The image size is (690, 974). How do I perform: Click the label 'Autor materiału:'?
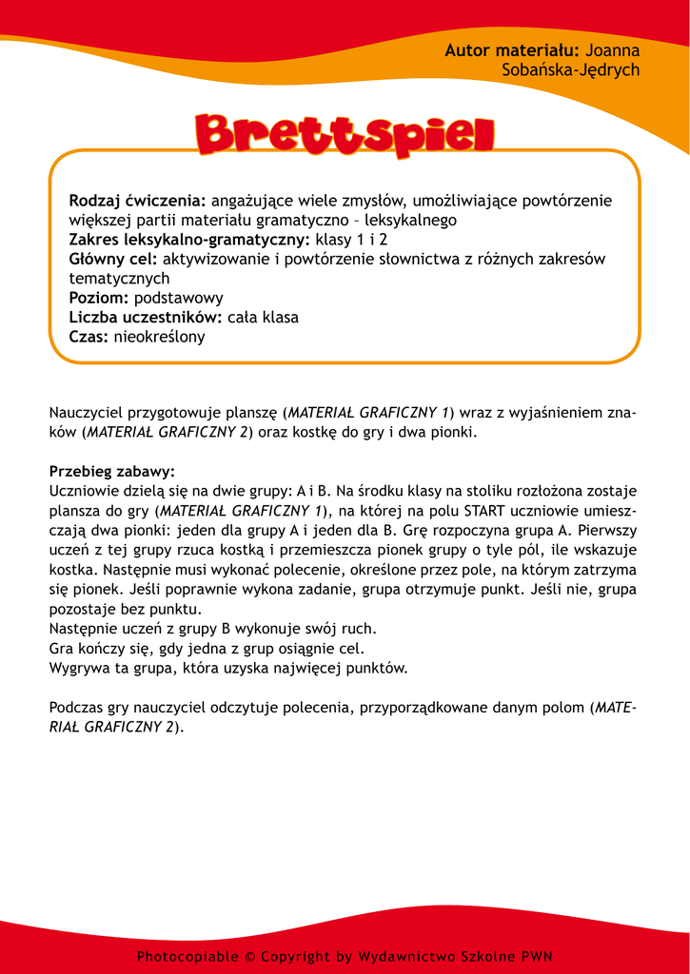pyautogui.click(x=512, y=50)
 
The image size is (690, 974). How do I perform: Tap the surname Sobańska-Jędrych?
pyautogui.click(x=570, y=70)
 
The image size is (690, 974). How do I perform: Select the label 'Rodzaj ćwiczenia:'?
pyautogui.click(x=137, y=201)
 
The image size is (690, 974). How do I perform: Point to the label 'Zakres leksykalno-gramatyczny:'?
pyautogui.click(x=189, y=240)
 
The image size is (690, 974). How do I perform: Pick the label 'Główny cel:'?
pyautogui.click(x=113, y=259)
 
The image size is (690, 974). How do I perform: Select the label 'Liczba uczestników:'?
pyautogui.click(x=146, y=317)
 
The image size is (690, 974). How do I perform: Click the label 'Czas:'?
pyautogui.click(x=89, y=337)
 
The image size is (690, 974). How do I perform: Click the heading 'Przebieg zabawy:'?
pyautogui.click(x=112, y=472)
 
